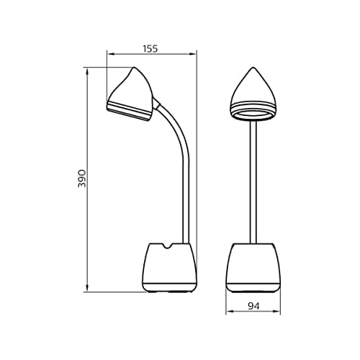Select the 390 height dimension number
(82, 179)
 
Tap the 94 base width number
(253, 306)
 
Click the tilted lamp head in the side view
(132, 94)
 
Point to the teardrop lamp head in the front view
(253, 94)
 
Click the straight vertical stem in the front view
(253, 180)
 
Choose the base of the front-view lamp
(253, 268)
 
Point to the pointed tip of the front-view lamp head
(253, 69)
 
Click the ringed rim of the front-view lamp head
(253, 113)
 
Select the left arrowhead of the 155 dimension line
(109, 53)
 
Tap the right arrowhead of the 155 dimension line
(194, 53)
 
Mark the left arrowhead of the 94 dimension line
(228, 313)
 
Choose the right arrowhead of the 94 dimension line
(277, 313)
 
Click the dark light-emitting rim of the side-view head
(130, 112)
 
